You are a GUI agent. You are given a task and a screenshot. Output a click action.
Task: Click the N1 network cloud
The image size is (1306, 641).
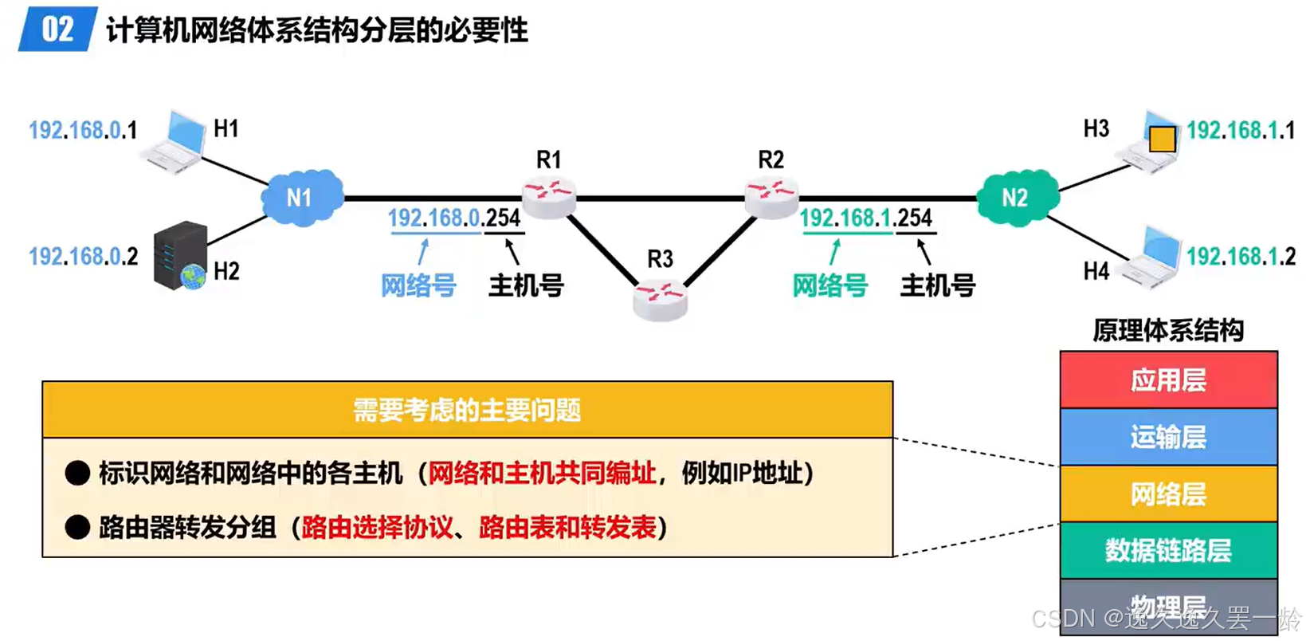pyautogui.click(x=301, y=197)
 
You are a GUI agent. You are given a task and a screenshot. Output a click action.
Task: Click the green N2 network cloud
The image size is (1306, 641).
pyautogui.click(x=1016, y=197)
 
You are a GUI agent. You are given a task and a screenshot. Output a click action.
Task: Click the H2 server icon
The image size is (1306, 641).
pyautogui.click(x=181, y=255)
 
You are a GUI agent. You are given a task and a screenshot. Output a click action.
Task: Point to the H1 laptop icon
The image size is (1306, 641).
pyautogui.click(x=175, y=142)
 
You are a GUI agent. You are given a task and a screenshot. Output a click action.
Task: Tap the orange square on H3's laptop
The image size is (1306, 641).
pyautogui.click(x=1162, y=139)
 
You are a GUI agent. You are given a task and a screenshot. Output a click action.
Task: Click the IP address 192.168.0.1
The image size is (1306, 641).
pyautogui.click(x=83, y=130)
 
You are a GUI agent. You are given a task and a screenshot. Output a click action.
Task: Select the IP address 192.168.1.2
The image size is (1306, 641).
pyautogui.click(x=1241, y=257)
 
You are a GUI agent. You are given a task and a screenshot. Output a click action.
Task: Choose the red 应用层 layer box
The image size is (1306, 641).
pyautogui.click(x=1168, y=380)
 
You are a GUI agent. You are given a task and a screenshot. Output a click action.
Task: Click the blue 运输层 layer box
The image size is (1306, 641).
pyautogui.click(x=1168, y=437)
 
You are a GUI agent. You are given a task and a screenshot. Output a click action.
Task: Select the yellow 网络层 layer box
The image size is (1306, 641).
pyautogui.click(x=1168, y=494)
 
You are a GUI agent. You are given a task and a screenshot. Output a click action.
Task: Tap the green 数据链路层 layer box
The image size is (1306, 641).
pyautogui.click(x=1168, y=550)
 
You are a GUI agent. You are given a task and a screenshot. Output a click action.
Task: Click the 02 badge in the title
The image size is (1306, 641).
pyautogui.click(x=57, y=29)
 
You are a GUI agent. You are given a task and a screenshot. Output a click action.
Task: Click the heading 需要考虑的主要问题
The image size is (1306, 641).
pyautogui.click(x=467, y=410)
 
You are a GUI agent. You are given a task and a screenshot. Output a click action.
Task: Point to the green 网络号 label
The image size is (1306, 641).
pyautogui.click(x=829, y=285)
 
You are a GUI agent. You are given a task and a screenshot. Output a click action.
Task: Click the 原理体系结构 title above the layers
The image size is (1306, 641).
pyautogui.click(x=1168, y=330)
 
